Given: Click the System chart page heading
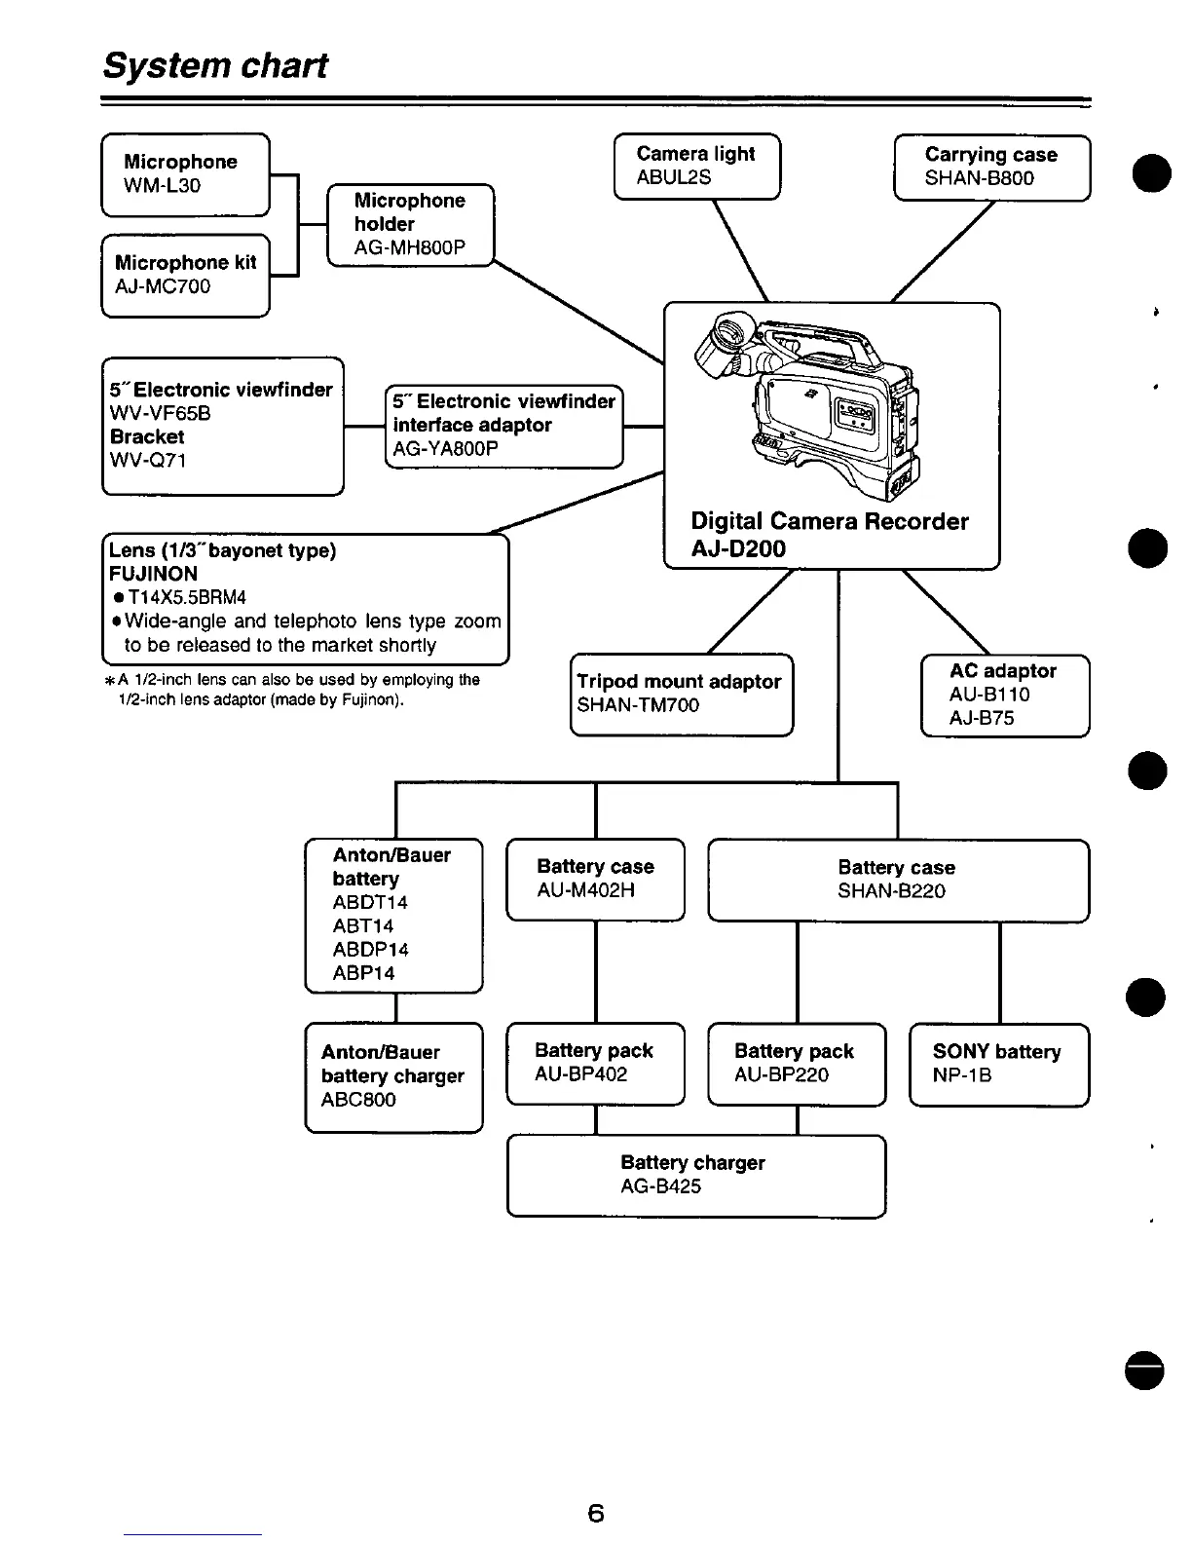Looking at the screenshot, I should pos(215,65).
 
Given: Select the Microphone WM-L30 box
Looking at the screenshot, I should pos(185,174).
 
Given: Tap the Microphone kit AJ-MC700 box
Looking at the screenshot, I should pos(185,276).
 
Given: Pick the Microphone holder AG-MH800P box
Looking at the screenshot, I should pos(410,225).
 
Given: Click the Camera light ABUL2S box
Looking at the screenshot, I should pos(696,167).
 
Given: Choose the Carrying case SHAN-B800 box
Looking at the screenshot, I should pos(991,168).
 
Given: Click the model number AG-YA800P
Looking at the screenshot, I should pos(445,449).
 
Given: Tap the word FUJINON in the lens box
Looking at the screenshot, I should pos(153,574).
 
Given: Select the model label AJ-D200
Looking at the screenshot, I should pos(738,548).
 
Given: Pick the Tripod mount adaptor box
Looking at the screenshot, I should pos(681,695).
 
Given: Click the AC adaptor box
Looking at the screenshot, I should pos(1004,696).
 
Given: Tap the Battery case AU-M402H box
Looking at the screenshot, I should pos(595,880).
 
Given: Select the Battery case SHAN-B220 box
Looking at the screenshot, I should pos(897,881).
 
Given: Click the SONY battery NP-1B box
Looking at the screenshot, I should pos(998,1065).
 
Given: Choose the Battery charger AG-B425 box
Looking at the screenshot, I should pos(695,1176).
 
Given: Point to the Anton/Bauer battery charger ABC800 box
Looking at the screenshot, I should pos(393,1077).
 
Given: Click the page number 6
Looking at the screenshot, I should pos(596,1513).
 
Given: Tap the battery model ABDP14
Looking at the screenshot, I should pos(370,950).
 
